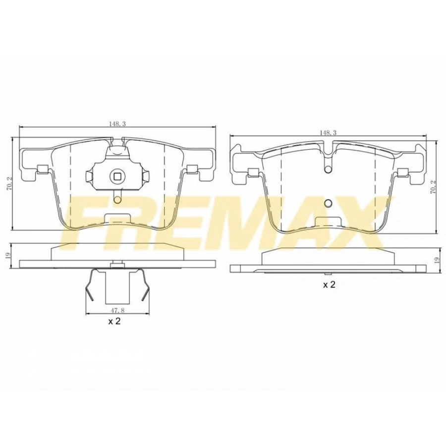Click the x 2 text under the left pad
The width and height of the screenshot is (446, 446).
pos(114,321)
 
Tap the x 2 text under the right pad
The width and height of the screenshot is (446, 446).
pos(330,285)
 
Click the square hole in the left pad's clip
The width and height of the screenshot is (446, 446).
pos(117,175)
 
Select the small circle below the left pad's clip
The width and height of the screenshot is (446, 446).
pos(117,200)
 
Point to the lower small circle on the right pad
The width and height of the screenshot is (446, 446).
pos(328,203)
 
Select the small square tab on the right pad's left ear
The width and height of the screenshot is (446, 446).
pos(252,172)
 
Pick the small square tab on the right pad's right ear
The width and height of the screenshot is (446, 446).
pos(402,172)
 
